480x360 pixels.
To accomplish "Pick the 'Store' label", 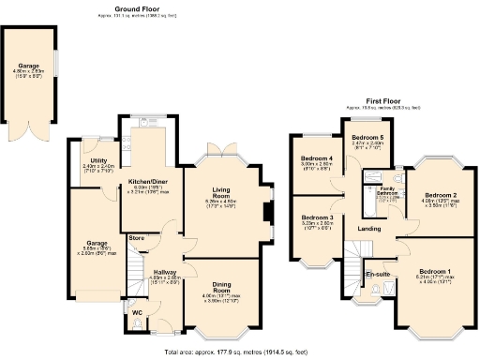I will point(137,237).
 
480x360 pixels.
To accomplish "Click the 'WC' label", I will point(136,312).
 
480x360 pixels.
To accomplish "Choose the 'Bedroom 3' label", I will point(317,217).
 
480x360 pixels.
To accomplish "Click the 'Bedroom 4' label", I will point(317,157).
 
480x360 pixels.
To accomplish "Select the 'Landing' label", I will point(368,229).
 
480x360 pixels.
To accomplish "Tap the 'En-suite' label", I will point(378,274).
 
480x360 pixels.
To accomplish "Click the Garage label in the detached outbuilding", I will point(28,65).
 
